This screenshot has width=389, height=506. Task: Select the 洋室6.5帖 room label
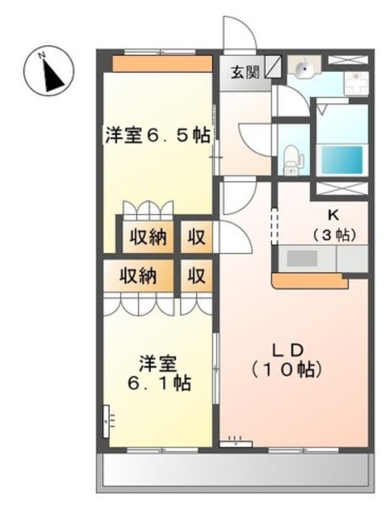157,135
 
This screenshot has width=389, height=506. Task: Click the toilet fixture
293,158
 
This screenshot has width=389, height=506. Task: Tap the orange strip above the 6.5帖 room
162,62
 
